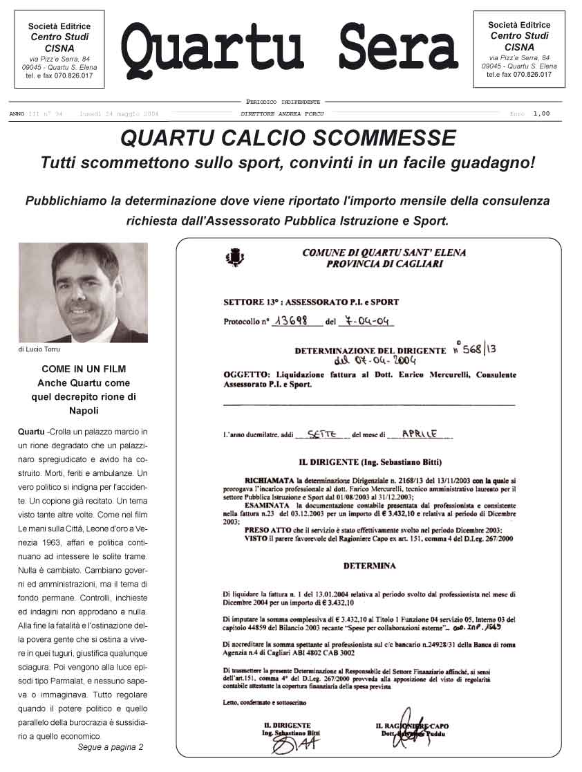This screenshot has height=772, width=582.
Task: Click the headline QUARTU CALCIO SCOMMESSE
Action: pos(288,138)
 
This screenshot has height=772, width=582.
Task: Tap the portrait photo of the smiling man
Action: pos(83,292)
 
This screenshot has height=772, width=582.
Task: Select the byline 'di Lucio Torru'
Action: pos(39,349)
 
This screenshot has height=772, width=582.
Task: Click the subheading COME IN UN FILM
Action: pos(84,369)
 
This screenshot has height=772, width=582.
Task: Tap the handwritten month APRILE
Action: pos(419,434)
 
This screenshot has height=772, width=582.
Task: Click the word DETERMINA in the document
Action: pos(370,566)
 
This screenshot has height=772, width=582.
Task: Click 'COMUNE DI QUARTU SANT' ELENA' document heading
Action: pos(384,253)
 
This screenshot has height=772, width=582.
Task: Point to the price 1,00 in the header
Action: pos(541,114)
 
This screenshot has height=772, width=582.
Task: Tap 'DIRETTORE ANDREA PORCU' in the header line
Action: pos(282,114)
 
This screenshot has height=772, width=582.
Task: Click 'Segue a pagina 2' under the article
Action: pos(111,747)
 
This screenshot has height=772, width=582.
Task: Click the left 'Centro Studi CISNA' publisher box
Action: pos(59,49)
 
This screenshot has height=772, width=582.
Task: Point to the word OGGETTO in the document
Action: pos(245,374)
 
